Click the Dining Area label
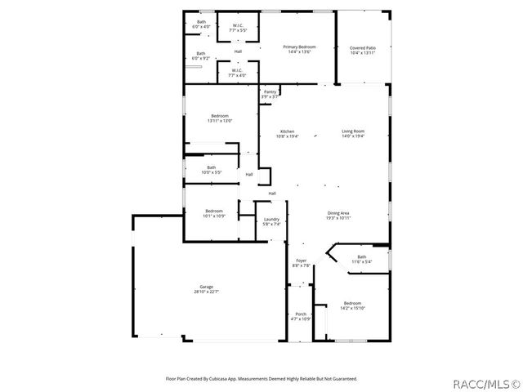[338, 216]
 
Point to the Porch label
[301, 316]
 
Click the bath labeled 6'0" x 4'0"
[201, 24]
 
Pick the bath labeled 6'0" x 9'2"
[201, 56]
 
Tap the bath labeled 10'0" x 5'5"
[211, 170]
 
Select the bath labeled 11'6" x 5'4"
[361, 259]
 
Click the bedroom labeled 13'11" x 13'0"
[220, 118]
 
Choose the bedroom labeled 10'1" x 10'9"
[214, 213]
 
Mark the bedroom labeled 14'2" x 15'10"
[352, 305]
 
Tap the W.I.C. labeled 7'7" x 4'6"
[237, 73]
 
